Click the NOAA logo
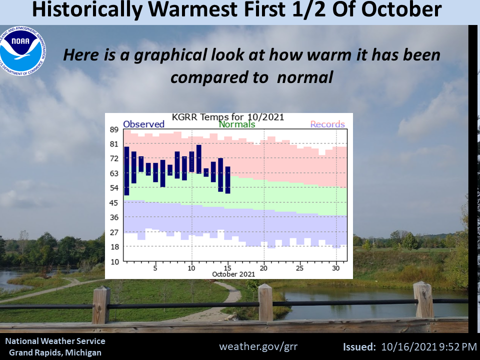(x=22, y=51)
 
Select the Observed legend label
(x=143, y=124)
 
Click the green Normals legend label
(x=237, y=124)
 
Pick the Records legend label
(x=327, y=124)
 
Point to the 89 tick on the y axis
(x=114, y=129)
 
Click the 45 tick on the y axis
(x=114, y=202)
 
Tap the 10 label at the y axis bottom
(x=114, y=261)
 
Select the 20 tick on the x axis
(x=263, y=268)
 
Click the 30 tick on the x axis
(x=336, y=268)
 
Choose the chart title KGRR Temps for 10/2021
(x=228, y=117)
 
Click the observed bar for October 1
(x=126, y=171)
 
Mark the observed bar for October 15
(x=228, y=180)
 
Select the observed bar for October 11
(x=199, y=159)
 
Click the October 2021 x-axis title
(x=233, y=274)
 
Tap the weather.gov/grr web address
(x=258, y=346)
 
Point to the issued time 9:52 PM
(x=458, y=347)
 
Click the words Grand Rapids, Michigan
(x=55, y=352)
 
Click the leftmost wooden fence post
(x=101, y=305)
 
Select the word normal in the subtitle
(x=305, y=77)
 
